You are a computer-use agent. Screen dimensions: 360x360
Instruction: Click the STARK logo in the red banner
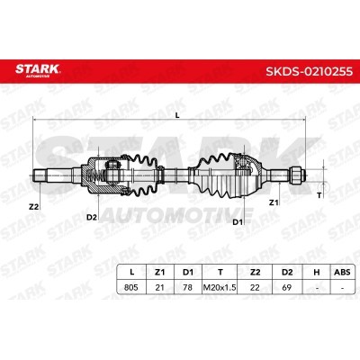pyautogui.click(x=38, y=70)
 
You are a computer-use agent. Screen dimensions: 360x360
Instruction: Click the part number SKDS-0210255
pyautogui.click(x=309, y=71)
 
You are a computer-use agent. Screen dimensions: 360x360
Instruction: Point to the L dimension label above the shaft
pyautogui.click(x=177, y=115)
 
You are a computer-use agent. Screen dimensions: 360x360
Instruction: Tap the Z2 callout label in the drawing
pyautogui.click(x=34, y=207)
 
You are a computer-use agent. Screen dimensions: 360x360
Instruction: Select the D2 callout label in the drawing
pyautogui.click(x=92, y=218)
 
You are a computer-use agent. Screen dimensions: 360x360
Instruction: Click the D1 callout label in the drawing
pyautogui.click(x=238, y=222)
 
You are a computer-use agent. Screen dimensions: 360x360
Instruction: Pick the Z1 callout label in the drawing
pyautogui.click(x=273, y=203)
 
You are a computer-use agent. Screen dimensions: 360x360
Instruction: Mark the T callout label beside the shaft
pyautogui.click(x=319, y=195)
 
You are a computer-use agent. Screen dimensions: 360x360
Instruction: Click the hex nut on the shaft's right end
pyautogui.click(x=294, y=175)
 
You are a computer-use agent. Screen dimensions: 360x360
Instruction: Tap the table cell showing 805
pyautogui.click(x=131, y=287)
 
